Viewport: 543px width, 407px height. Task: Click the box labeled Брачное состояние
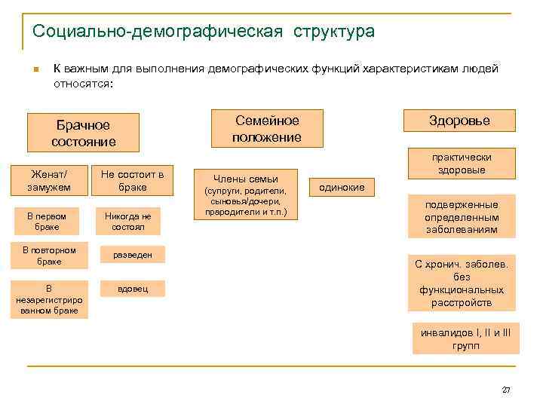click(x=83, y=133)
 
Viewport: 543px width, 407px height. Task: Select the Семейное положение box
click(x=267, y=129)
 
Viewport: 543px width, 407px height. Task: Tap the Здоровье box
click(x=459, y=121)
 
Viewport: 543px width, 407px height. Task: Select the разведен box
click(x=132, y=256)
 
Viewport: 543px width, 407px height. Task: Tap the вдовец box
click(x=132, y=289)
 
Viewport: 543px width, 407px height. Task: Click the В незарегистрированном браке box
click(x=49, y=299)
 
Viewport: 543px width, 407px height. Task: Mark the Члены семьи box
click(x=246, y=192)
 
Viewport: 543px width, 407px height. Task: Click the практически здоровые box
click(x=462, y=164)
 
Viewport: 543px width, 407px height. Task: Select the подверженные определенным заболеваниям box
click(x=462, y=217)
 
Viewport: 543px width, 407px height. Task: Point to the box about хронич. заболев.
click(x=462, y=283)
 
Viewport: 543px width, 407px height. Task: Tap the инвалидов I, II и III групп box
click(x=465, y=338)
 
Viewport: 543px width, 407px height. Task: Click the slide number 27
click(x=506, y=390)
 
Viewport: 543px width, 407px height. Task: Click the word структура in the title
click(x=329, y=32)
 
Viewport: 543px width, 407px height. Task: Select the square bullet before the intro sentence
click(x=35, y=71)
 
